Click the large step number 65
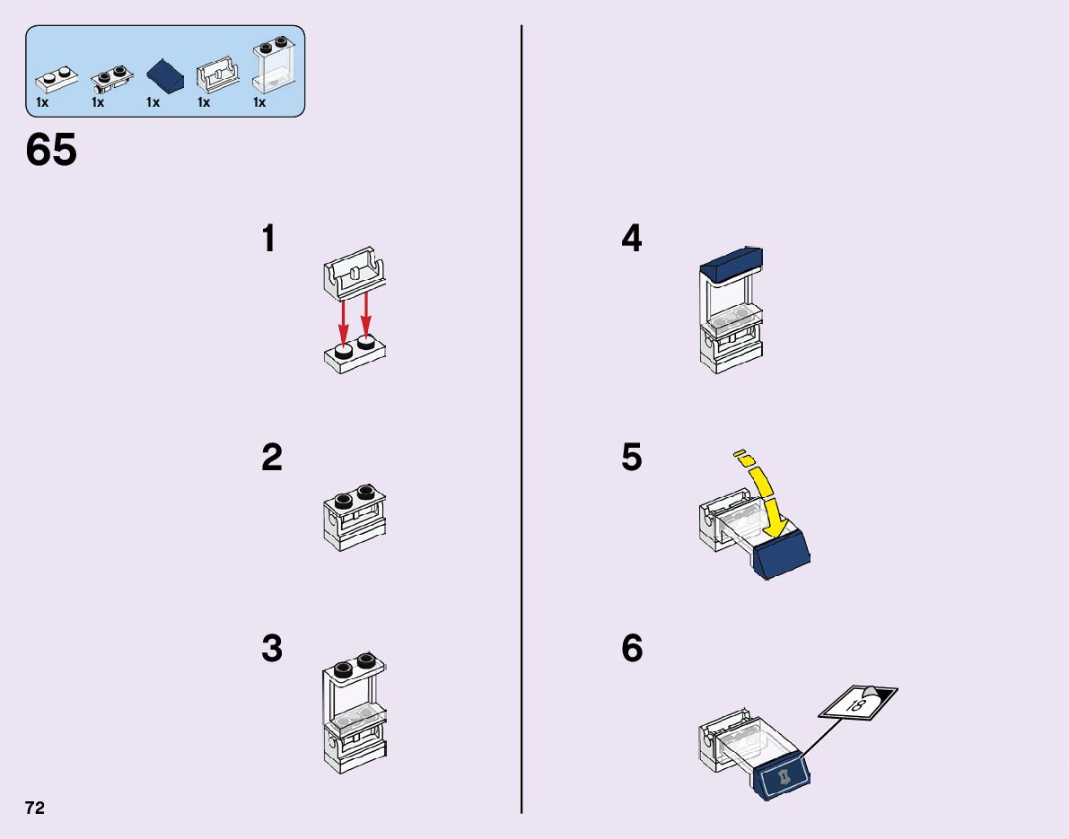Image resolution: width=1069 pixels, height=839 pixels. (x=51, y=151)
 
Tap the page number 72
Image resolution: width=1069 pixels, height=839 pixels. (x=35, y=808)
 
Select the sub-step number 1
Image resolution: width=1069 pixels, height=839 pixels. (x=268, y=240)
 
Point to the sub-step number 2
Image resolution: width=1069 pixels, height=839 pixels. (x=272, y=459)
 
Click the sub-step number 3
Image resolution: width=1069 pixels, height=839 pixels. (x=272, y=649)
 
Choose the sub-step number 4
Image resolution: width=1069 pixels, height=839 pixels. (x=632, y=240)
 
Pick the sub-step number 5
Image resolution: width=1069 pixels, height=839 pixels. (x=632, y=459)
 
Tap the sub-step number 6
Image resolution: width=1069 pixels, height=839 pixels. (x=632, y=649)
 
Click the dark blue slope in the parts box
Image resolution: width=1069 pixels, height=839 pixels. (x=166, y=75)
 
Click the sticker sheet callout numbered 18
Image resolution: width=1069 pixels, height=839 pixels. (x=857, y=702)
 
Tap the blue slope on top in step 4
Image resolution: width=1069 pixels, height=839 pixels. (x=731, y=261)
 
